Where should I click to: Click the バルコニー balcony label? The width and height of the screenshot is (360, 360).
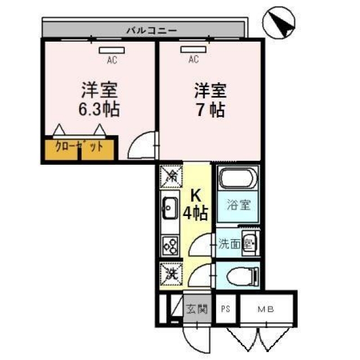[152, 30]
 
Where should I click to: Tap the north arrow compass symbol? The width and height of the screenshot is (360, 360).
[279, 22]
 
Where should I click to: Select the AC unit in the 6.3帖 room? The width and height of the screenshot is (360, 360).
[112, 50]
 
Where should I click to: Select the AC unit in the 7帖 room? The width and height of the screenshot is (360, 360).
[193, 49]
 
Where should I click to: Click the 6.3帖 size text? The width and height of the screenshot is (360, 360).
[99, 109]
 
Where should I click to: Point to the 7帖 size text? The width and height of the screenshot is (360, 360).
[210, 110]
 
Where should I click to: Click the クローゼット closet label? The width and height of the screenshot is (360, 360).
[79, 146]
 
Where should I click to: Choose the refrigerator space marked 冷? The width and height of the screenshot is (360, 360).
[171, 176]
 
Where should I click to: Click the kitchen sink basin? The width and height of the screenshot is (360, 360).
[170, 209]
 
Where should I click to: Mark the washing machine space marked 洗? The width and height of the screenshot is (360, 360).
[171, 274]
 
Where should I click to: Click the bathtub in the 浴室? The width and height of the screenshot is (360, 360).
[238, 178]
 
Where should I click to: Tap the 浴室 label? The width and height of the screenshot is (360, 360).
[238, 205]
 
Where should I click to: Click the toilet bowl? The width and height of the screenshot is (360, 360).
[242, 276]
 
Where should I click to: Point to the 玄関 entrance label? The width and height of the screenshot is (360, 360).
[197, 309]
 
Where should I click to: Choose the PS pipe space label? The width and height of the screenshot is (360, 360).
[226, 309]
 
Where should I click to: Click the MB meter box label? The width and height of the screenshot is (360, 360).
[266, 309]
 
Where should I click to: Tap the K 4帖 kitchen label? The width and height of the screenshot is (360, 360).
[195, 205]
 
